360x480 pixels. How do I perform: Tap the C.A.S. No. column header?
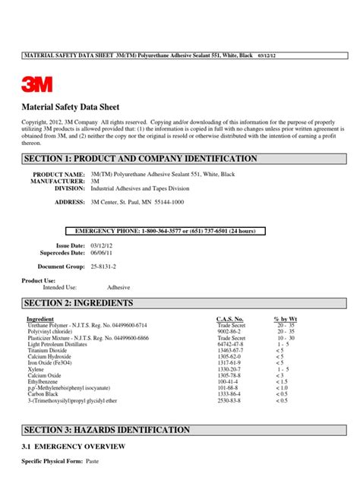point(229,319)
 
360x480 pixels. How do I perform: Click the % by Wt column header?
point(286,319)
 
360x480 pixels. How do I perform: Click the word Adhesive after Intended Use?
point(118,288)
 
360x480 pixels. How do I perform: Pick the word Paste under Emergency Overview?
point(95,462)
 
